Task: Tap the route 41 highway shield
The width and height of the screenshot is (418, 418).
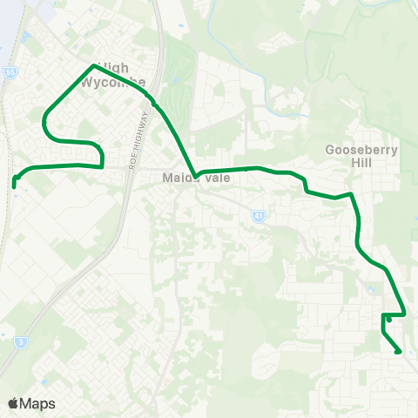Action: click(259, 216)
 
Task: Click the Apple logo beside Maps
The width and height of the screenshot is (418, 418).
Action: click(13, 403)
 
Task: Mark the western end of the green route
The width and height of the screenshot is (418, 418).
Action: click(15, 183)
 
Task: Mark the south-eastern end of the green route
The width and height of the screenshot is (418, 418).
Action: click(399, 352)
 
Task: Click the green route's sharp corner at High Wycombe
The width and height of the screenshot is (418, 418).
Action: click(93, 65)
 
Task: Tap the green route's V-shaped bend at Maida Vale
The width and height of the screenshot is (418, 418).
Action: click(197, 176)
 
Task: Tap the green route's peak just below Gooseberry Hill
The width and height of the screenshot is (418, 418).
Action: click(349, 194)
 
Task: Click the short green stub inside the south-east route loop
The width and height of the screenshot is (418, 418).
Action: click(388, 320)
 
